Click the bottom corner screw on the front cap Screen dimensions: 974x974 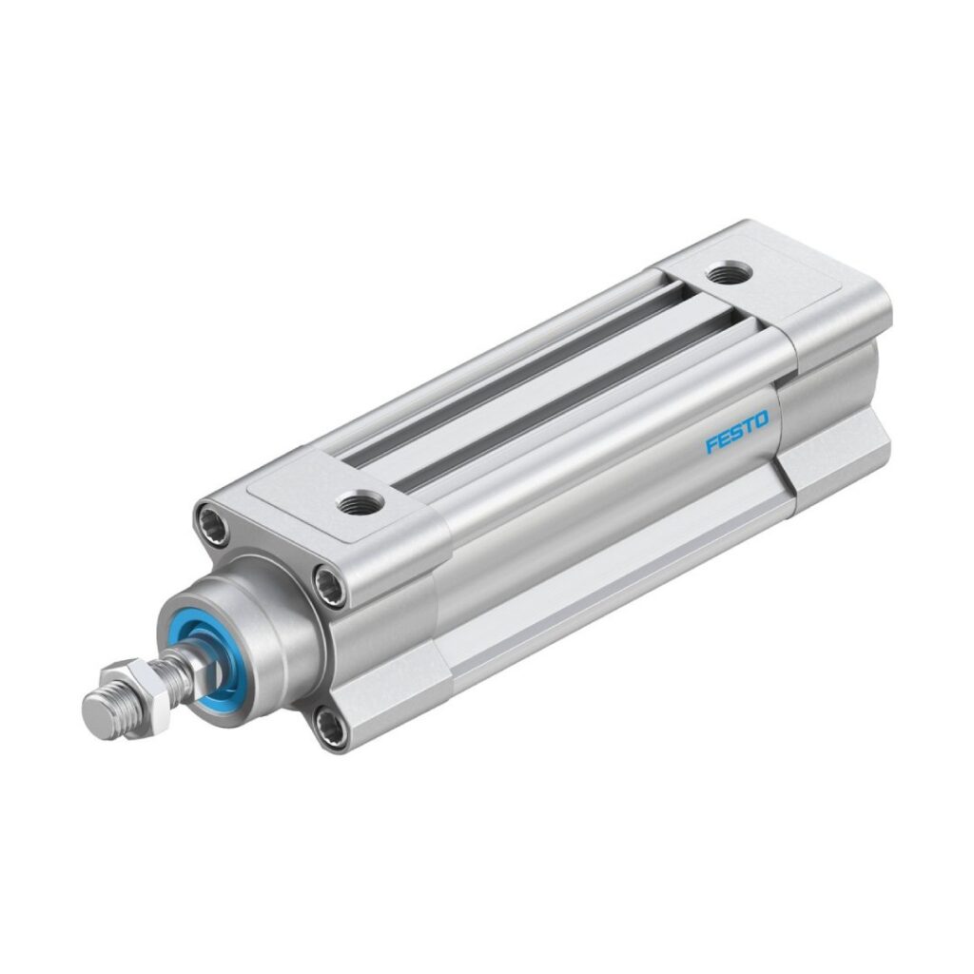pos(330,729)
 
